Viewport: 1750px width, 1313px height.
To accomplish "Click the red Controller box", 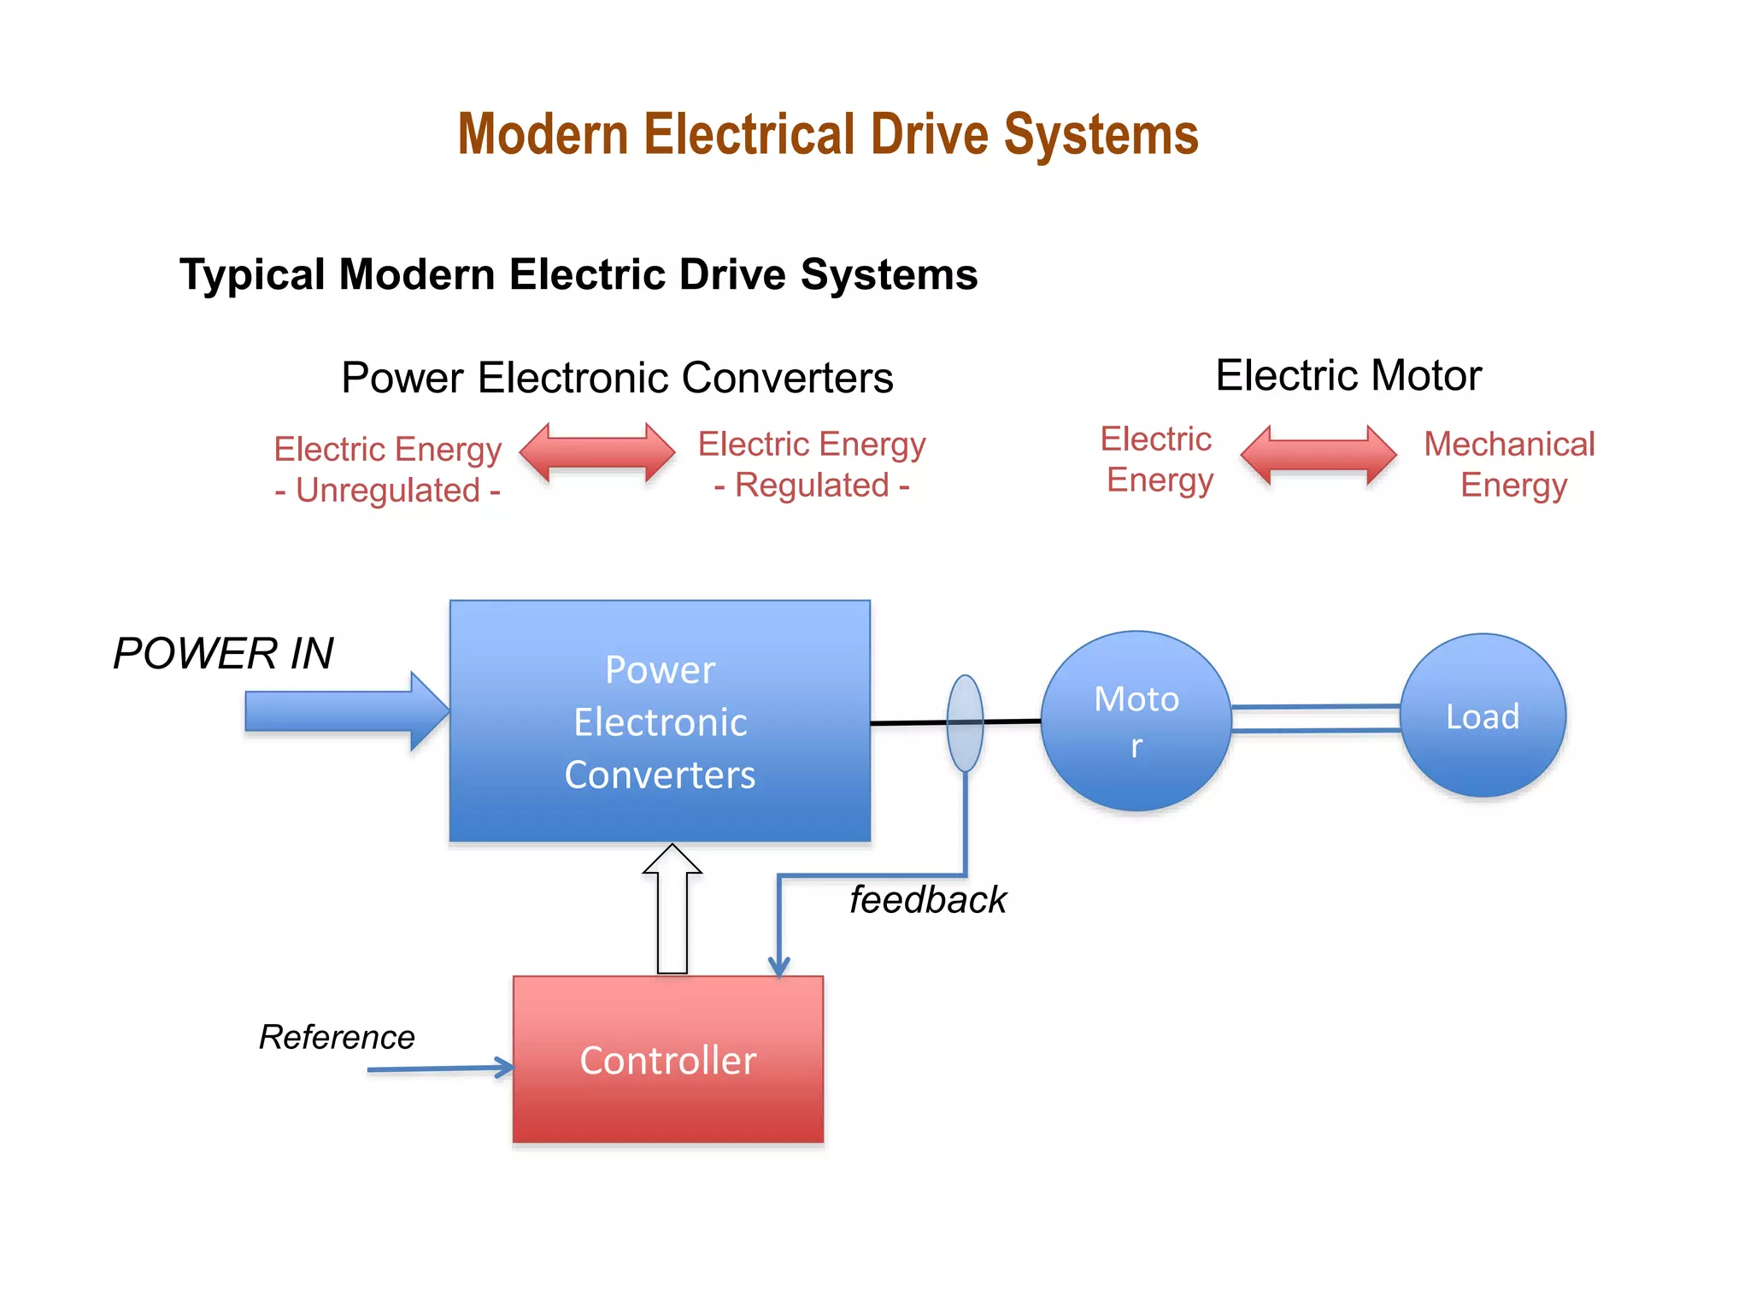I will [x=667, y=1060].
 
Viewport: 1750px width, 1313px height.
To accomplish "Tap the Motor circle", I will [x=1136, y=721].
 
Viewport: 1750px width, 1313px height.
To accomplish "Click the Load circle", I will [x=1483, y=715].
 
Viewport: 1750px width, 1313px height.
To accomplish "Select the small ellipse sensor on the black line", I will [x=965, y=723].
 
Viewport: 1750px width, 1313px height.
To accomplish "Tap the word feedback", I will [x=927, y=900].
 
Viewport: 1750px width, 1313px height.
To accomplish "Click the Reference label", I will [x=337, y=1037].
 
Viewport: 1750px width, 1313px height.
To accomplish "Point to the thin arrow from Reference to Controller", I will [x=436, y=1069].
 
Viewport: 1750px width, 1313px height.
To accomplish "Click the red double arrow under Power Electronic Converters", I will [x=596, y=453].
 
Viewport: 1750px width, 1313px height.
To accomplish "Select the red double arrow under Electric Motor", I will [x=1318, y=455].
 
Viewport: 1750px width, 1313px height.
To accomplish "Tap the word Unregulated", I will [x=388, y=491].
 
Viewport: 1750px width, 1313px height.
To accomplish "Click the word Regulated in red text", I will [x=812, y=486].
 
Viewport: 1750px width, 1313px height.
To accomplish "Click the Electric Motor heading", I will [x=1348, y=375].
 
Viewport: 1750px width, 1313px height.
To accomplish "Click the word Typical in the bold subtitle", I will [x=253, y=275].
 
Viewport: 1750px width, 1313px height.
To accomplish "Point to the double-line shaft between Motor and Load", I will [x=1315, y=718].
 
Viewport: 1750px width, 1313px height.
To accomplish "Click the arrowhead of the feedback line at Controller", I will [x=778, y=967].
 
